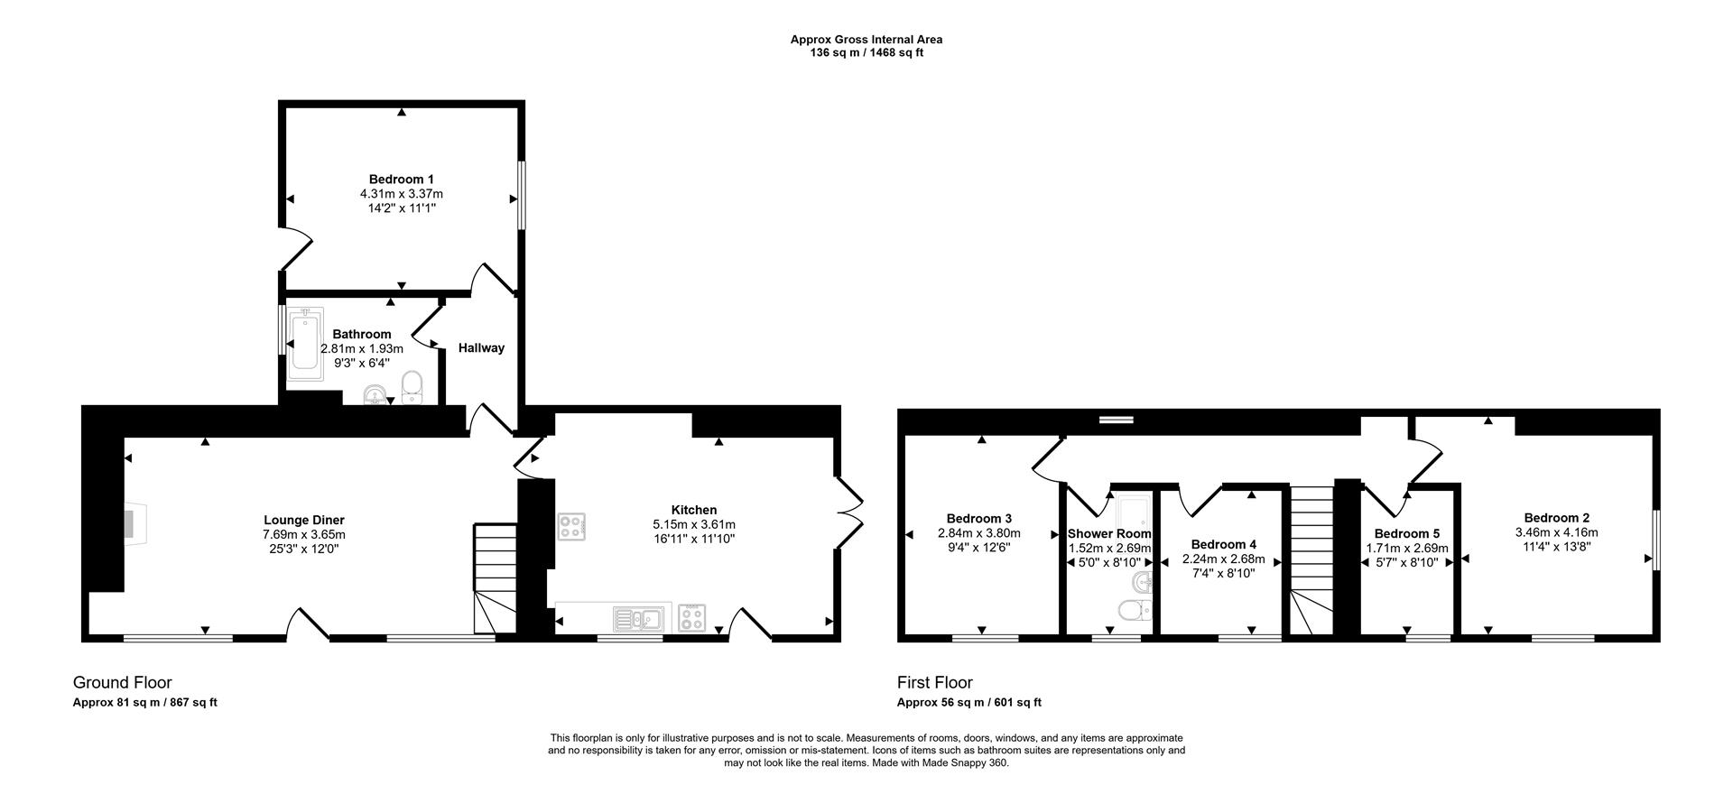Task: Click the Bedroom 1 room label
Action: point(401,179)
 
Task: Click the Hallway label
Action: point(481,348)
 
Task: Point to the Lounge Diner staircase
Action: point(494,578)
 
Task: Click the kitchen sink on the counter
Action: point(637,619)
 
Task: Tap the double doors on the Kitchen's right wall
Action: point(849,512)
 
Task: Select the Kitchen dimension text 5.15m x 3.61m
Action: point(693,525)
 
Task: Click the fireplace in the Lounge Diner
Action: point(133,523)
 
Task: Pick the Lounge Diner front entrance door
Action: point(309,624)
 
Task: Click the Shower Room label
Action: point(1109,534)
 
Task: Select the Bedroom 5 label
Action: point(1406,534)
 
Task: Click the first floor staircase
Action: point(1311,559)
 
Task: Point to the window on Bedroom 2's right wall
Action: point(1656,540)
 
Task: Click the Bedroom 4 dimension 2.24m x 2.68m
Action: point(1223,559)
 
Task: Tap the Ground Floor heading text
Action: point(122,683)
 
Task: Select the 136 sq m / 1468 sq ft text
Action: point(866,53)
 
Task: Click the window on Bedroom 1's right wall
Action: point(521,196)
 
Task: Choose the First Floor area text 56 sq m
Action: point(968,703)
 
